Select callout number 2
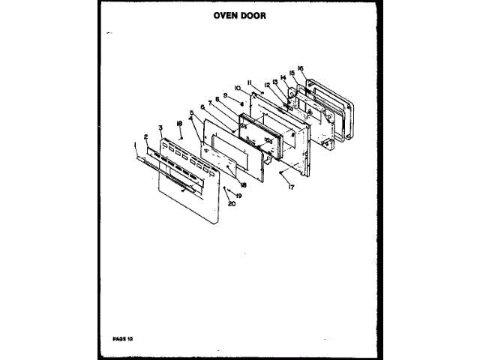[145, 136]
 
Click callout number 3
[160, 127]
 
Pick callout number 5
[193, 113]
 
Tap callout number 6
[202, 107]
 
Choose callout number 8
[217, 98]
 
